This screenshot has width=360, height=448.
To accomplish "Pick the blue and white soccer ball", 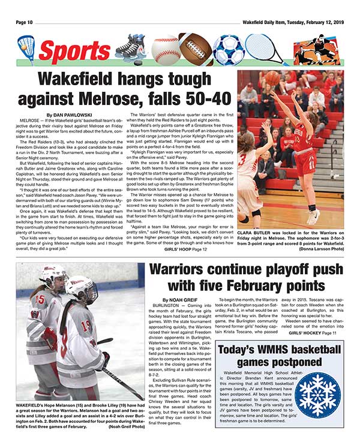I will (227, 49).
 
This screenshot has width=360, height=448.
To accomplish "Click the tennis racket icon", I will (264, 48).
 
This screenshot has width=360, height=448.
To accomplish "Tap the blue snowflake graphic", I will (317, 392).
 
